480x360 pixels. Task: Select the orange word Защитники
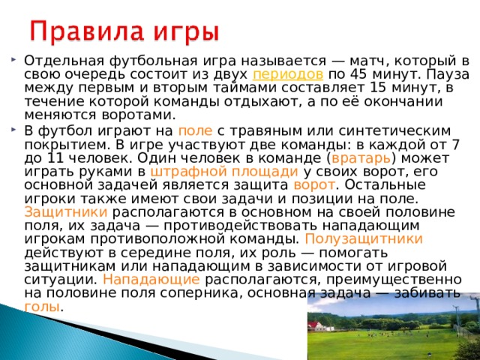[x=61, y=211]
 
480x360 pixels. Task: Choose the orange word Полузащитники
[x=364, y=238]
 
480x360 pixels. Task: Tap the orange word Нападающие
[x=151, y=279]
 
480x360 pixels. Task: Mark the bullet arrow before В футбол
[x=15, y=130]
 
